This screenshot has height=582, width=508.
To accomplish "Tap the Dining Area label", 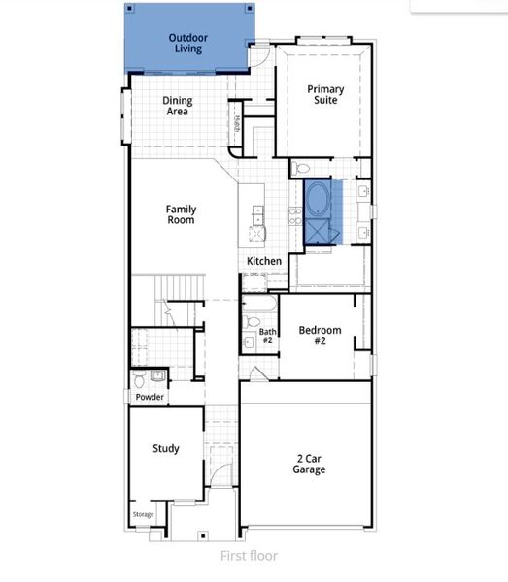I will [x=177, y=106].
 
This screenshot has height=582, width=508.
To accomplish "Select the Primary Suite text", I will [x=325, y=94].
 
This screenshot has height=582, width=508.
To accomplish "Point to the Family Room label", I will [x=181, y=214].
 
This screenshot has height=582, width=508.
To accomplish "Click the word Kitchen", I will [x=263, y=262].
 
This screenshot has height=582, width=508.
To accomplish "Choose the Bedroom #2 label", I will [x=320, y=336].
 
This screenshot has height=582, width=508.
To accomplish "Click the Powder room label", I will [x=149, y=397].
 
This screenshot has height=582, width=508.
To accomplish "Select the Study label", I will [x=165, y=449].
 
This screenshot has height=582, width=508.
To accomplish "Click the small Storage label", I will [x=143, y=514].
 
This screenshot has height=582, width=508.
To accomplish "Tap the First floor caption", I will [x=248, y=556].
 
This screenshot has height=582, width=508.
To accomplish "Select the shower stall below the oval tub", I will [x=317, y=231].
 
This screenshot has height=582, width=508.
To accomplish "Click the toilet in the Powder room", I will [x=140, y=376].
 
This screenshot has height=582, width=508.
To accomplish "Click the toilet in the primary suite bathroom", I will [x=300, y=167].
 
